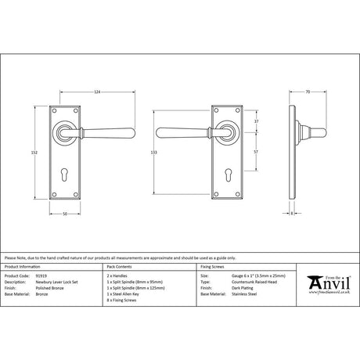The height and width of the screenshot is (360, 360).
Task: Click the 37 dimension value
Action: pos(257,120)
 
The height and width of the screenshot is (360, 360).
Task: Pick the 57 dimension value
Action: pos(257,149)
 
